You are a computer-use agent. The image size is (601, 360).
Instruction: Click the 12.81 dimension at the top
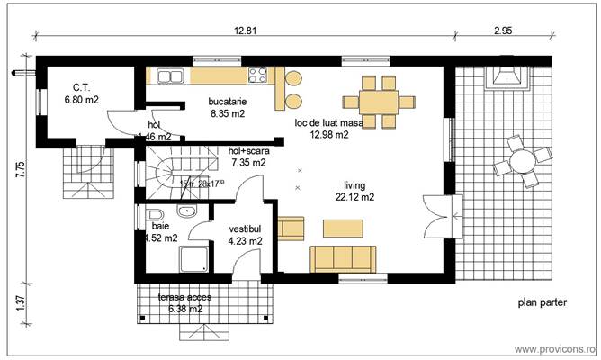tap(246, 30)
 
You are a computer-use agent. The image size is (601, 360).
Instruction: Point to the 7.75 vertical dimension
tap(21, 170)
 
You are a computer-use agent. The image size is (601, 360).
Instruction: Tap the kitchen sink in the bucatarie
tap(169, 76)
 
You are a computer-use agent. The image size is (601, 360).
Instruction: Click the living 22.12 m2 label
tap(354, 191)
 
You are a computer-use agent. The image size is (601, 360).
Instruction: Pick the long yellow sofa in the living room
tap(344, 257)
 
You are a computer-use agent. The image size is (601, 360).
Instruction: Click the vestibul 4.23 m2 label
tap(245, 235)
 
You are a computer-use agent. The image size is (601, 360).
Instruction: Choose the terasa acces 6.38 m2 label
tap(180, 302)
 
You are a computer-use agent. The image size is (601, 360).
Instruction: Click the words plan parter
tap(542, 303)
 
